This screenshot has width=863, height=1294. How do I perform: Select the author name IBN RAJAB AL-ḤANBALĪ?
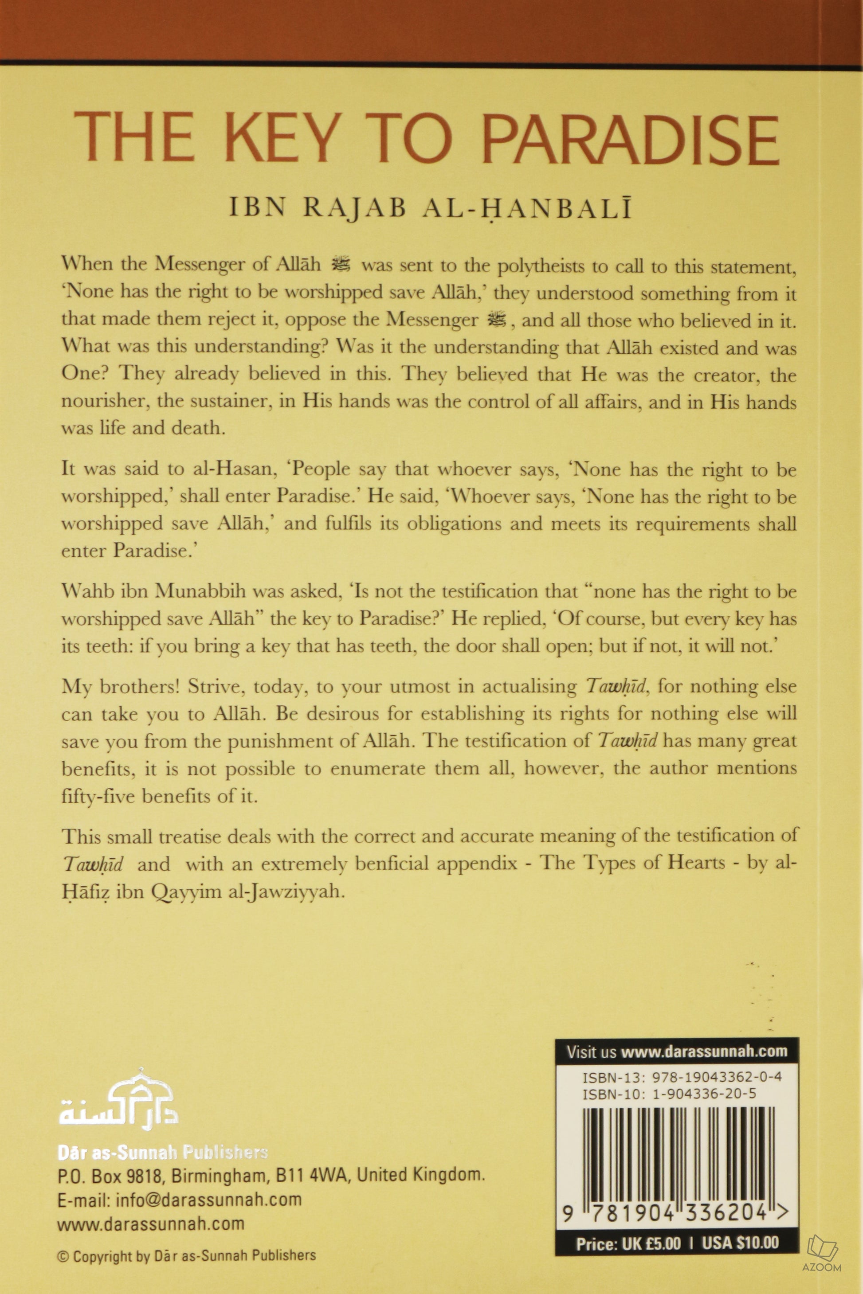[431, 212]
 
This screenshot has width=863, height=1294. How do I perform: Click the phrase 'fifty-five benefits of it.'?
[160, 796]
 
